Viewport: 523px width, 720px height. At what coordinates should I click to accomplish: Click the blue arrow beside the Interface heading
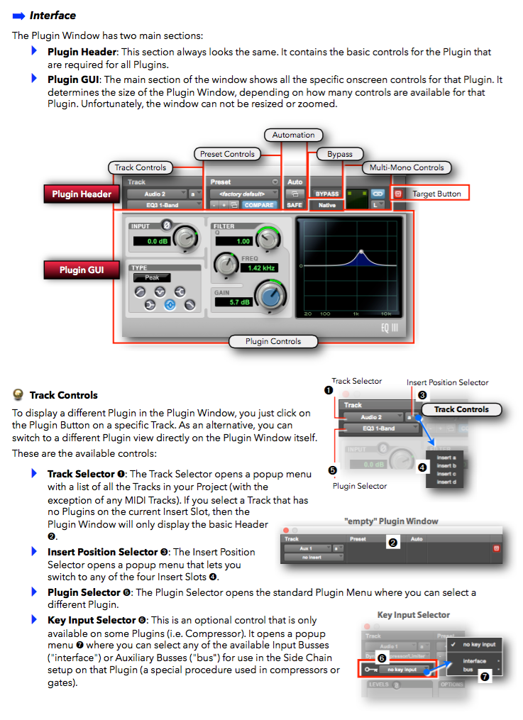point(19,15)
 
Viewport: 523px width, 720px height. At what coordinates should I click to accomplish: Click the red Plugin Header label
point(82,194)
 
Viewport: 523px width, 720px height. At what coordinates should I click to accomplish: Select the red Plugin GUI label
point(82,270)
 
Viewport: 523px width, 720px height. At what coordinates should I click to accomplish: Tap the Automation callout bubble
point(293,135)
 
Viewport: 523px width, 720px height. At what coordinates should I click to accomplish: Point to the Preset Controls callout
point(227,153)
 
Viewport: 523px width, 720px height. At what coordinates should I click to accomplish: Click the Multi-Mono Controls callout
point(407,167)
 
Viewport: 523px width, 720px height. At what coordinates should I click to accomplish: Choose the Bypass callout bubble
point(340,153)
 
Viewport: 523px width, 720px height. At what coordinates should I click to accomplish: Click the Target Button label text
point(436,194)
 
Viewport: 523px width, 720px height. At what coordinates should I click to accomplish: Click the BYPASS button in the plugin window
point(326,194)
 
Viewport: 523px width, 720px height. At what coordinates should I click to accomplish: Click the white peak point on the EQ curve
point(361,252)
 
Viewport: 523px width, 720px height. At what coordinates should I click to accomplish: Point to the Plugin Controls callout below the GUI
point(273,341)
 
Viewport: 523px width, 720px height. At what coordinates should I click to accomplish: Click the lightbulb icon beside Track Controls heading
point(18,395)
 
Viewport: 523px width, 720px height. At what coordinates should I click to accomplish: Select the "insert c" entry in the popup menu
point(446,474)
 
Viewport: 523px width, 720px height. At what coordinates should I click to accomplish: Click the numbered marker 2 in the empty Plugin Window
point(392,543)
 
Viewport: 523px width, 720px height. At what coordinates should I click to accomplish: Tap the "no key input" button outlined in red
point(402,669)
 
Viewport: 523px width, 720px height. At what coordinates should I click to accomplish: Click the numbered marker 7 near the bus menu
point(485,677)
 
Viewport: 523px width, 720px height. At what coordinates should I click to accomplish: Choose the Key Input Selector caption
point(414,615)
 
